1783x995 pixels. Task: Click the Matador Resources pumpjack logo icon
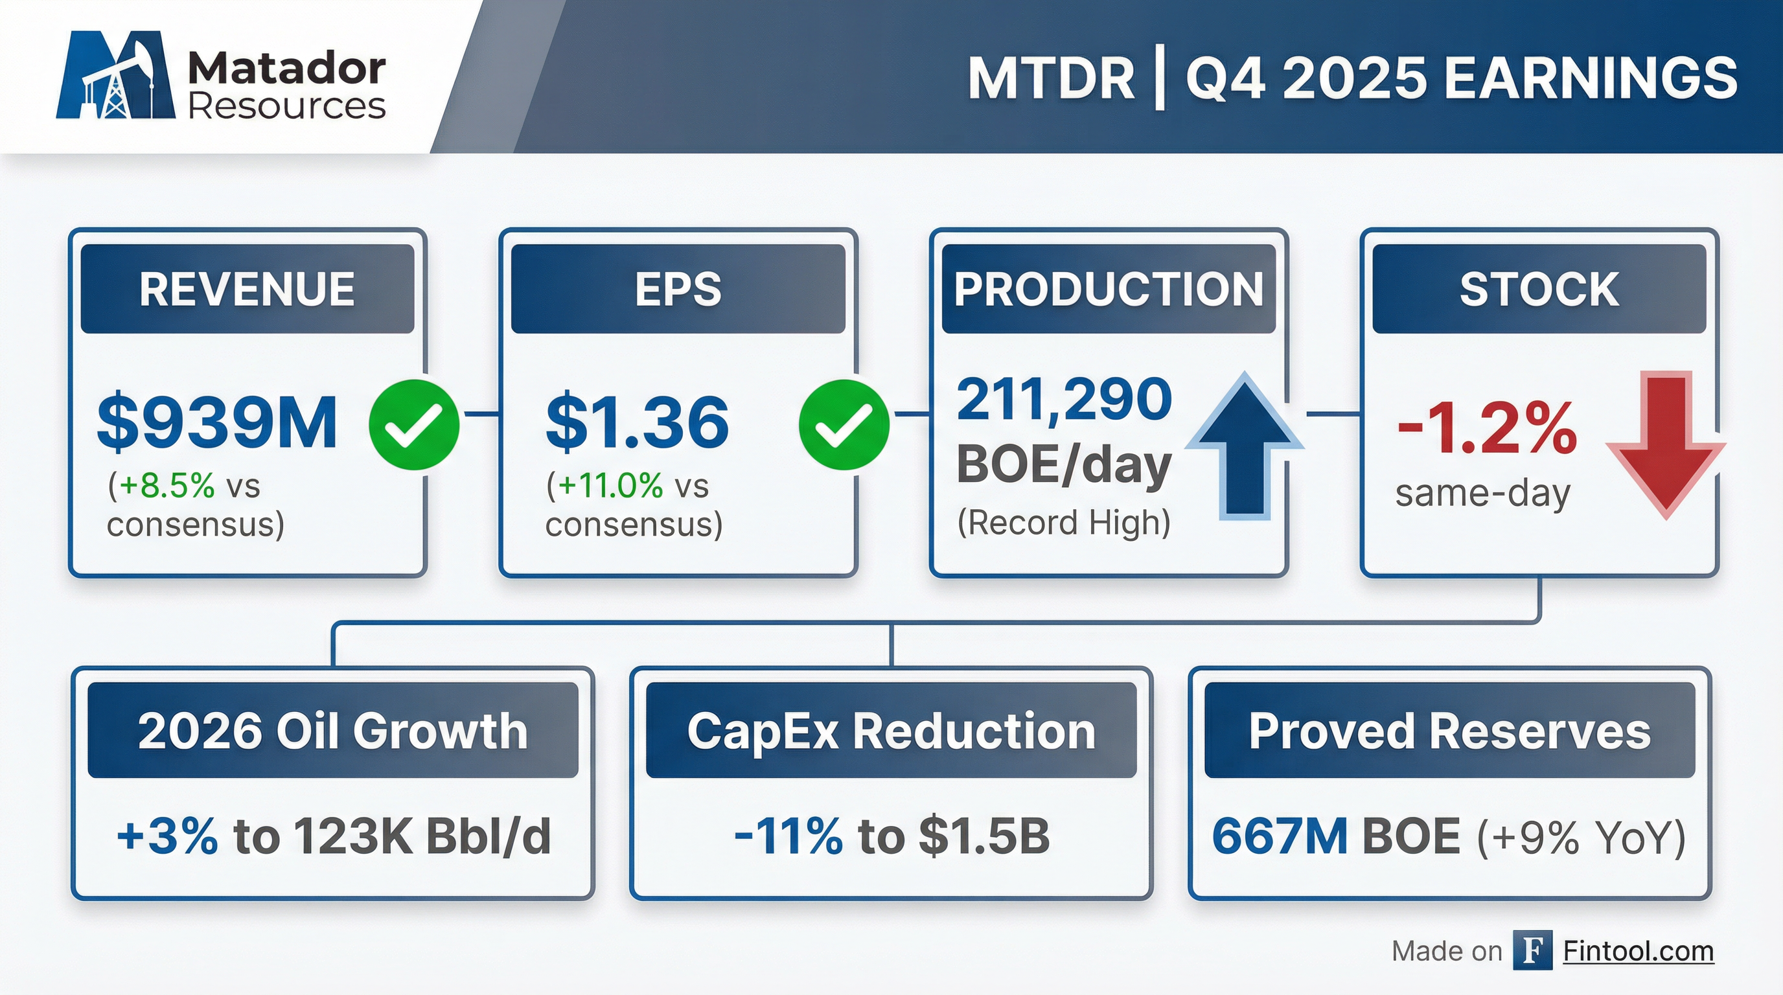[115, 74]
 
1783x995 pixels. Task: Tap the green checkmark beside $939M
[414, 424]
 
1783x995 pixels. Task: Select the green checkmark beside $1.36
[844, 424]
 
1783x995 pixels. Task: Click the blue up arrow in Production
[1245, 446]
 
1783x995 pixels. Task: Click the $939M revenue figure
[217, 422]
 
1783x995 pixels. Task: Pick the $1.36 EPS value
[637, 422]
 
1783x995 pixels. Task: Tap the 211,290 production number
[1064, 400]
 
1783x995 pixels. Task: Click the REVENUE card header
[247, 288]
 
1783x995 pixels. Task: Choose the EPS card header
[678, 288]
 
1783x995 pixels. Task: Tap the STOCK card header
[1539, 288]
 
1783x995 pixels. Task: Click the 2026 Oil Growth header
[333, 730]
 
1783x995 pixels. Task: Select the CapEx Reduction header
[891, 730]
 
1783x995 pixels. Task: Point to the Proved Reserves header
[1449, 730]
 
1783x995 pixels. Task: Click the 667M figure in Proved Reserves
[1279, 836]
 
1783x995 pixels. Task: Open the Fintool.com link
[1639, 951]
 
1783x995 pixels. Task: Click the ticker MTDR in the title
[1051, 78]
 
